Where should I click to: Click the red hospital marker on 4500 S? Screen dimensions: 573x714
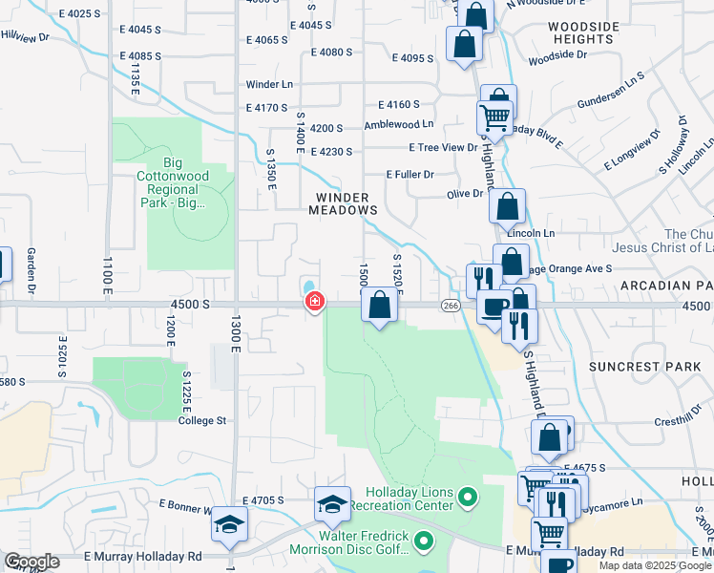(x=313, y=302)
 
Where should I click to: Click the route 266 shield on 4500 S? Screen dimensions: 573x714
(x=451, y=305)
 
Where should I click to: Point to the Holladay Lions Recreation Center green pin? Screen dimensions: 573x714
(x=467, y=497)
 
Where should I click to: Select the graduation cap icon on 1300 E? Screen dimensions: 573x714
(x=229, y=523)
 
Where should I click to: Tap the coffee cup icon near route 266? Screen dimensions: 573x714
(x=493, y=308)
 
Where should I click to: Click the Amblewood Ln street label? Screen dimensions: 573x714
(x=398, y=124)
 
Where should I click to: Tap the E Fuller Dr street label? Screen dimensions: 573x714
(x=409, y=175)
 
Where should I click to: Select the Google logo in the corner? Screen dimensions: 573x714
(x=31, y=562)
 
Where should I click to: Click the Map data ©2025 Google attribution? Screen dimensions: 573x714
(x=656, y=565)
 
